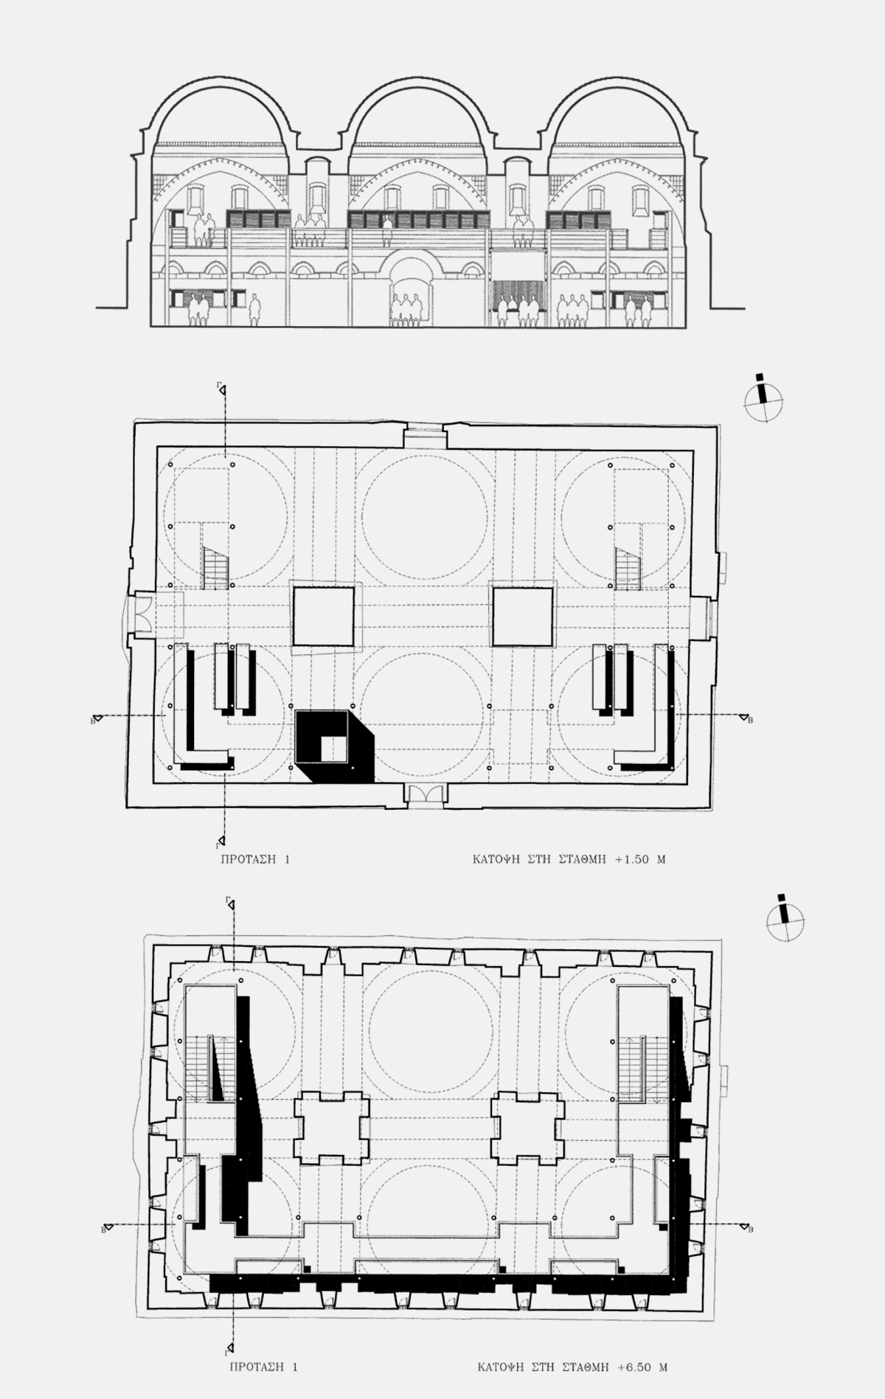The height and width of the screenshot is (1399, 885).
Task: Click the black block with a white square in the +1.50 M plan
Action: click(334, 746)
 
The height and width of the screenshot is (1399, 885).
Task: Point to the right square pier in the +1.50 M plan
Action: click(523, 617)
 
